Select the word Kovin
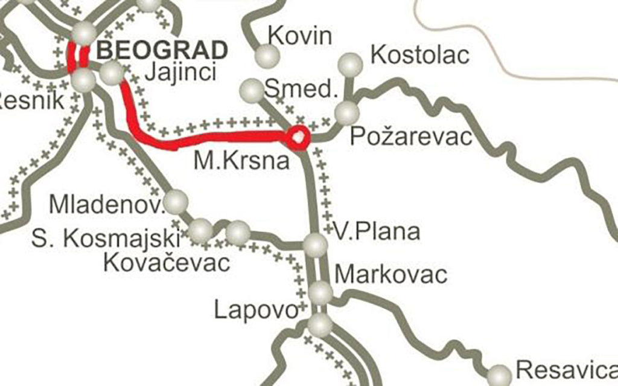(300, 36)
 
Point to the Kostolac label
(420, 55)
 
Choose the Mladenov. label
(107, 205)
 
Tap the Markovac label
(391, 274)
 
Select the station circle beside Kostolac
(350, 63)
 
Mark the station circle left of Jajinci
(111, 73)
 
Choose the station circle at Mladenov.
(176, 200)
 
